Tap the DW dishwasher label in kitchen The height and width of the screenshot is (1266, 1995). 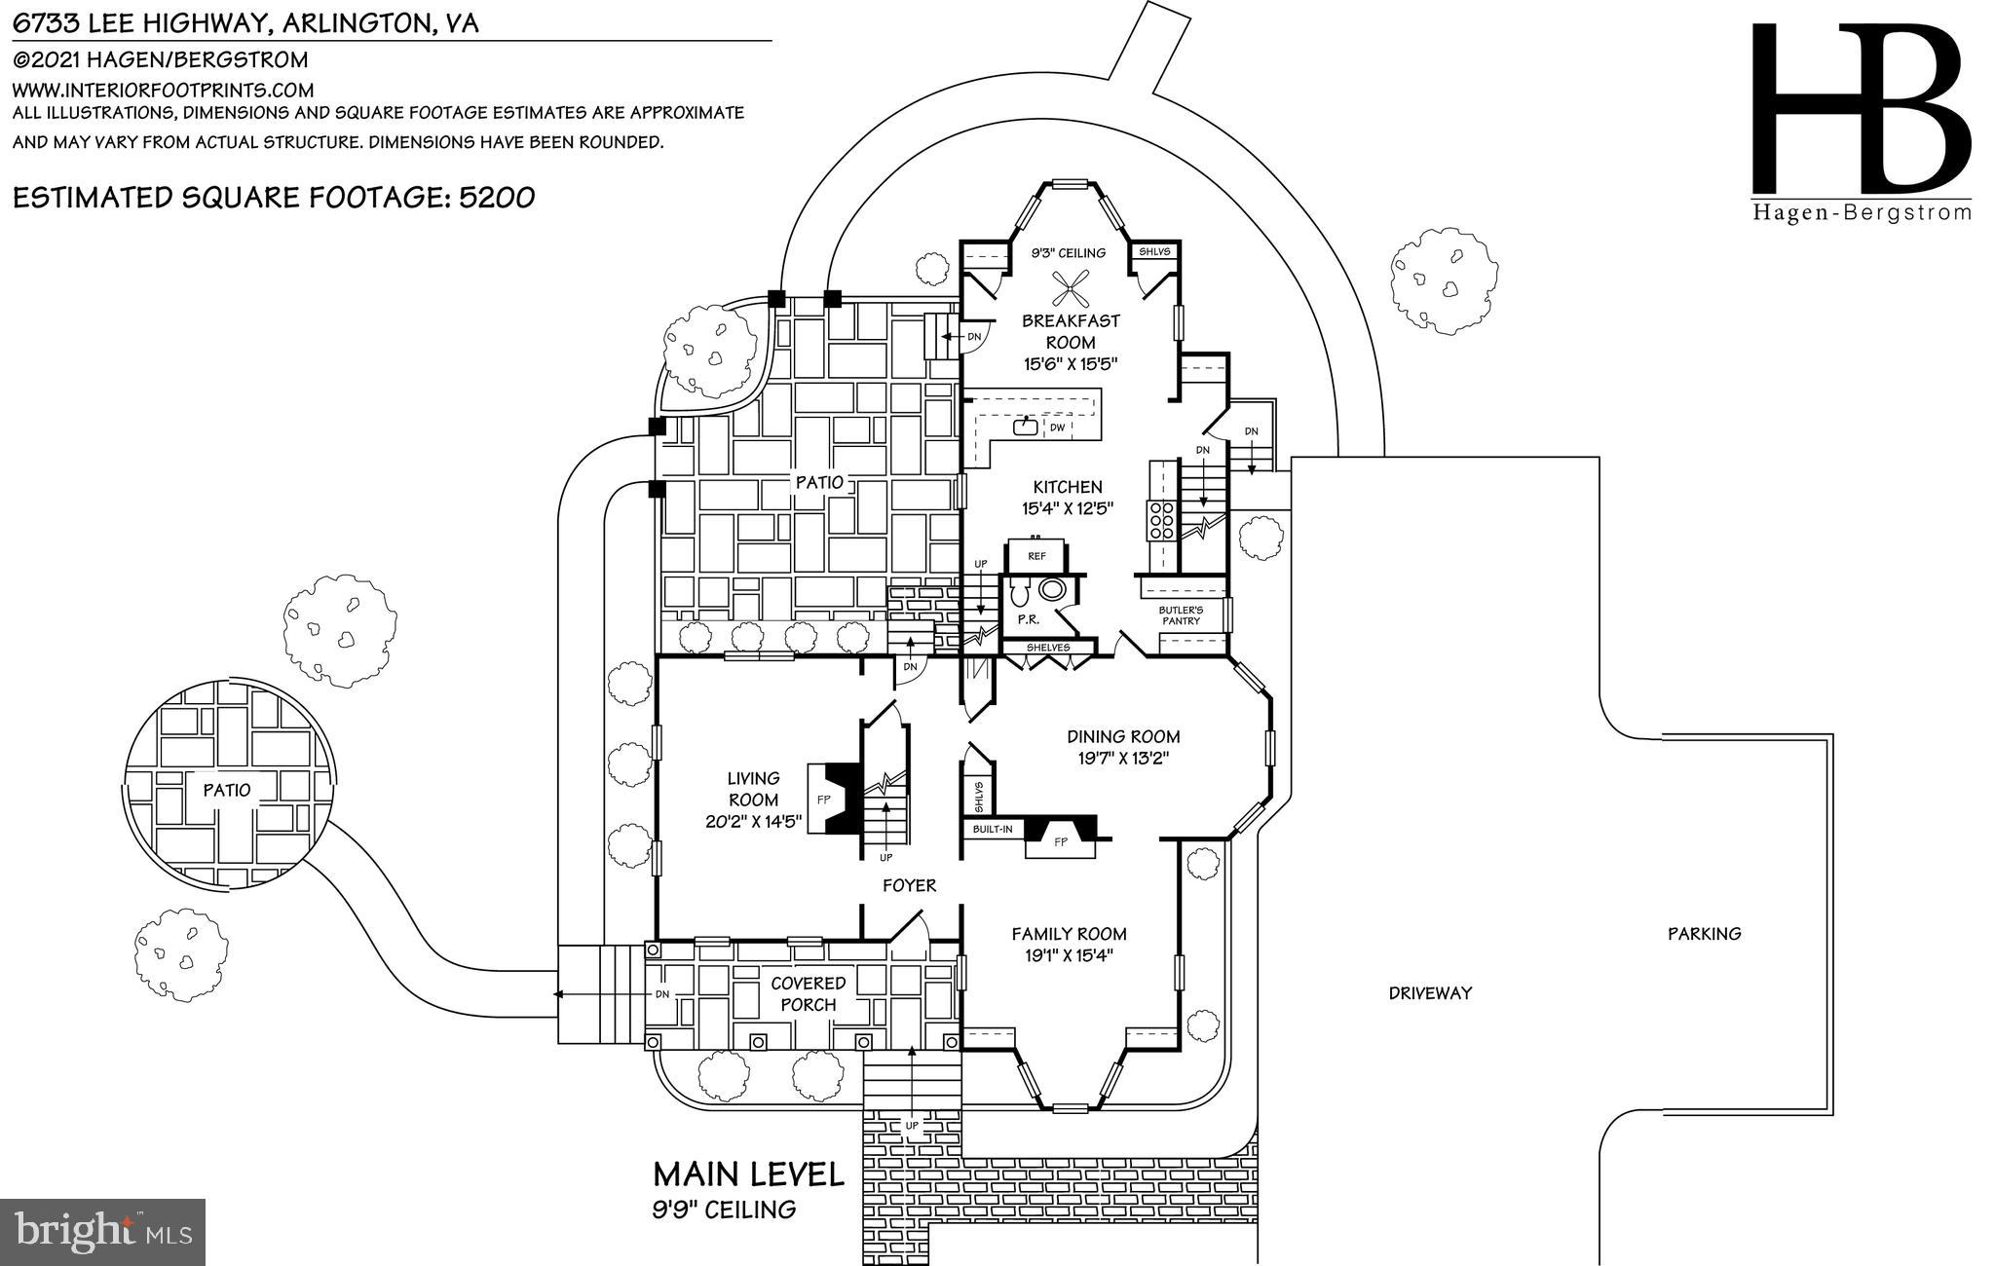click(1057, 428)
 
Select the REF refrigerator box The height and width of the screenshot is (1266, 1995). click(1036, 555)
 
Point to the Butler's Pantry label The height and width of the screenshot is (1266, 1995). click(1181, 615)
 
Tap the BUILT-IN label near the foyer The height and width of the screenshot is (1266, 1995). click(993, 830)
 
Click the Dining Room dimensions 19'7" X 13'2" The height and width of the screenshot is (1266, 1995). click(1123, 759)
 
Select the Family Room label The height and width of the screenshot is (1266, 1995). click(1069, 933)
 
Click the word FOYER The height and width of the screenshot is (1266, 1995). click(909, 885)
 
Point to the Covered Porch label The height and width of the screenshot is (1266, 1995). click(808, 993)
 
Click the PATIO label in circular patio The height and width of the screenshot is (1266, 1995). click(227, 790)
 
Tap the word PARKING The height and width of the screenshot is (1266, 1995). click(1704, 934)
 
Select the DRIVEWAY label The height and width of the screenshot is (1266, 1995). click(1429, 993)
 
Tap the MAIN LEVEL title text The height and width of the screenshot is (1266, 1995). click(748, 1174)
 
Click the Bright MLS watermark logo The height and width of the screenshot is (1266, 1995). click(102, 1232)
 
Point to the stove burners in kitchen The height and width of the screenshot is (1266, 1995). click(1161, 520)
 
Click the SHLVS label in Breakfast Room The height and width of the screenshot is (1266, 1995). click(1154, 251)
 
